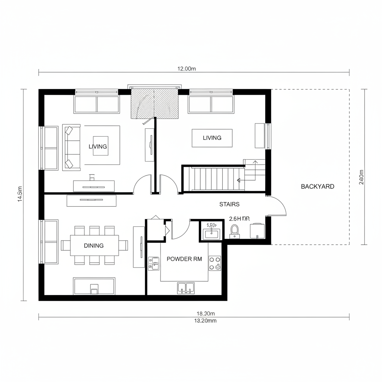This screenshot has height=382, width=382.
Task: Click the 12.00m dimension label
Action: [186, 68]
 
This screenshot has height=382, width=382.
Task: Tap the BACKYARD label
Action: [317, 187]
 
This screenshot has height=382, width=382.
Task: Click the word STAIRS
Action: [229, 204]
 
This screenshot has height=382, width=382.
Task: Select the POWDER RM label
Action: [184, 259]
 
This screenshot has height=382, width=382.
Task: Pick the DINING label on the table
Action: [94, 245]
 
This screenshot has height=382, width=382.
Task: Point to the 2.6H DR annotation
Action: [239, 219]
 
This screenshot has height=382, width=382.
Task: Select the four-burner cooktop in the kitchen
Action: [215, 263]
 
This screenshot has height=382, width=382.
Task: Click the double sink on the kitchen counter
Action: [186, 288]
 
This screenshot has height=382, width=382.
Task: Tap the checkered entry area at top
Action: [154, 103]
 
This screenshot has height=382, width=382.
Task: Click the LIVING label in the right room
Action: [212, 138]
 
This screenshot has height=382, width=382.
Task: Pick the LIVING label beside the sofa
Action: [98, 147]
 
